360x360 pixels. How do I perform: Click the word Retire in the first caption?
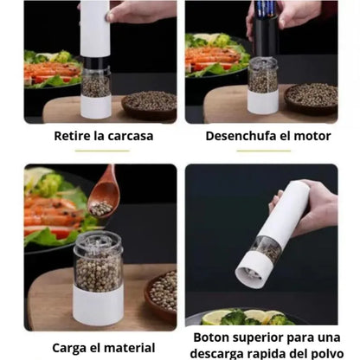point(72,136)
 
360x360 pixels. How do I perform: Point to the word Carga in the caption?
point(71,348)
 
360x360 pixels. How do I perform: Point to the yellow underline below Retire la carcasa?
point(102,151)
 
